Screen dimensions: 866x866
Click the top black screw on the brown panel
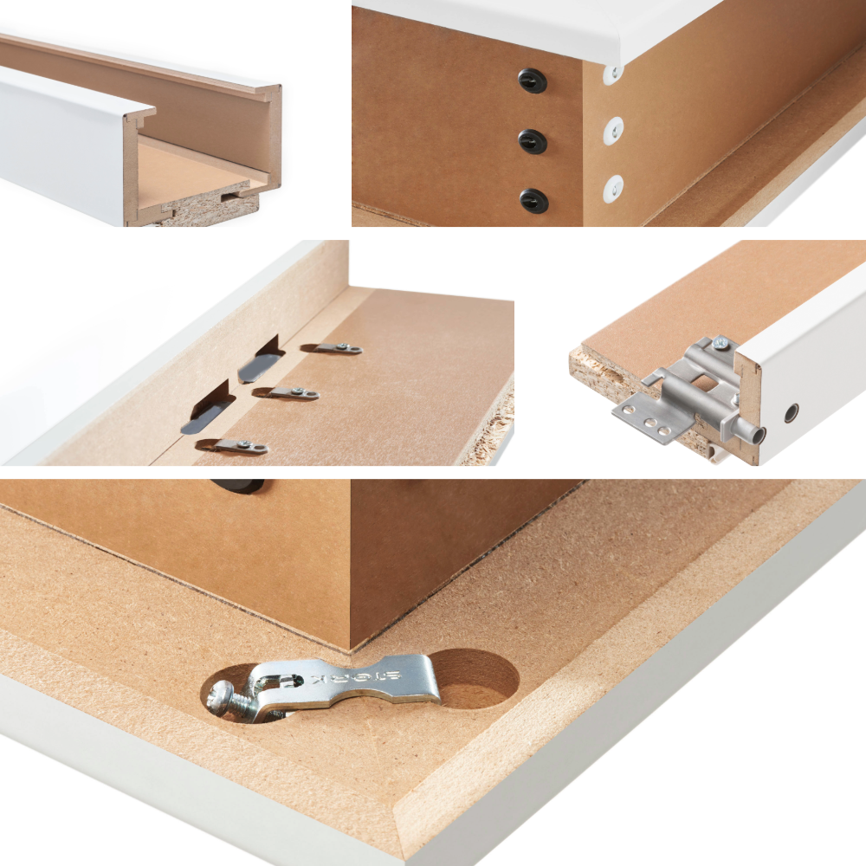point(533,80)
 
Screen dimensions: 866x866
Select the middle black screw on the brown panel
point(533,140)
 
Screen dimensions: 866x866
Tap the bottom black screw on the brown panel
point(533,200)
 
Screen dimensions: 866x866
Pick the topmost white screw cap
point(613,74)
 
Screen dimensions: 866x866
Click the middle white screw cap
point(613,130)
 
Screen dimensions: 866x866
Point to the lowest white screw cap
point(613,187)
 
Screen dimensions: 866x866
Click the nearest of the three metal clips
point(231,446)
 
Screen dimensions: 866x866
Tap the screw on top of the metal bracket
point(720,345)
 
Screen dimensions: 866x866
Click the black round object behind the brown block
point(239,486)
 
